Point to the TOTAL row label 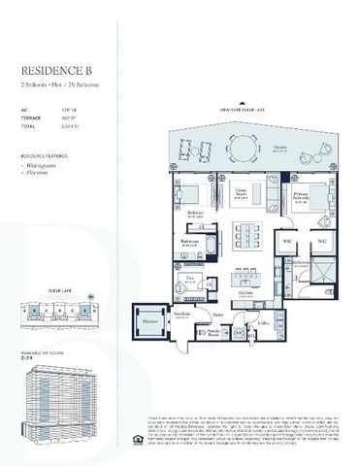click(29, 126)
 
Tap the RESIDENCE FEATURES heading click(45, 154)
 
